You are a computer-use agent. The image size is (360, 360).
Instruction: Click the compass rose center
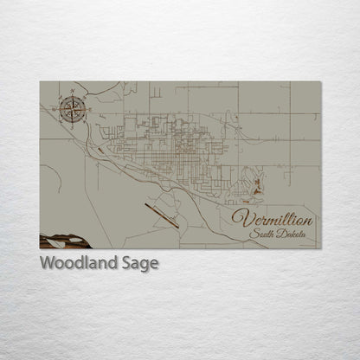(71, 108)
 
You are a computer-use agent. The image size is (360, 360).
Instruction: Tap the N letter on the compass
(71, 94)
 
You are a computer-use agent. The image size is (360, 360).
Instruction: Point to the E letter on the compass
(85, 108)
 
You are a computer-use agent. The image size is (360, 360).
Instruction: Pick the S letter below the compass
(71, 122)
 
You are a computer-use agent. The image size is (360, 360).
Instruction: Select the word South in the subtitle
(262, 235)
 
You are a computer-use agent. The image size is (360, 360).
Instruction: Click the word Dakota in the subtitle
(295, 235)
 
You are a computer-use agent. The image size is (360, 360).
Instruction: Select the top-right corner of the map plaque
(320, 82)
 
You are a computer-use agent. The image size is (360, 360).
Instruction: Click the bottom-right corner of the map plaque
(320, 248)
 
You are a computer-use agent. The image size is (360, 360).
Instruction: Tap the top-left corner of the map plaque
(40, 82)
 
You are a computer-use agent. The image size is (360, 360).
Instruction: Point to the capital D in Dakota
(281, 235)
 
